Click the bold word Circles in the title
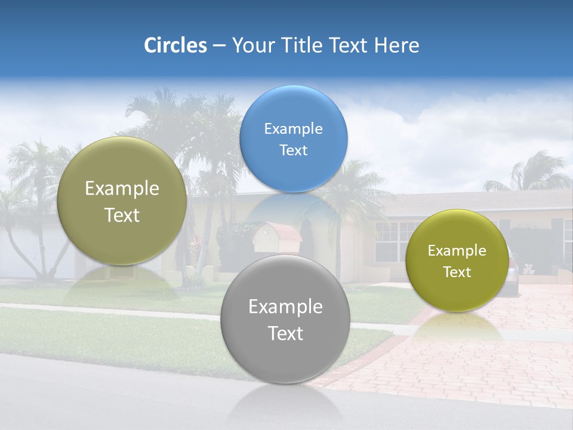175,45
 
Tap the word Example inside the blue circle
293,129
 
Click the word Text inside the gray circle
285,333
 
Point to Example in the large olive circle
122,189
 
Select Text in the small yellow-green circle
457,272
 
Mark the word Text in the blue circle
293,150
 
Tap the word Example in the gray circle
285,307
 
